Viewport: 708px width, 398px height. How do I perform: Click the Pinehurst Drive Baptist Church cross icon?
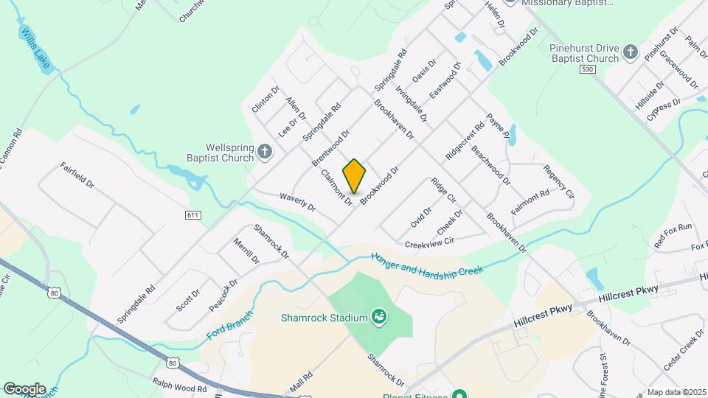pos(630,52)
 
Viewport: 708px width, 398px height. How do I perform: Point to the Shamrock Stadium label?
pos(323,318)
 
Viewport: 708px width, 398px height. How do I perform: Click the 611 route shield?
pos(193,214)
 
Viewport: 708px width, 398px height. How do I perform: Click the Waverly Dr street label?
pos(297,202)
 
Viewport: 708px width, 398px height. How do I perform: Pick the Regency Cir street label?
pos(558,181)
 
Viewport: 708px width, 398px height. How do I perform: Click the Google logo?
pos(24,388)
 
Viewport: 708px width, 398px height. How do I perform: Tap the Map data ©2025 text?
pos(676,392)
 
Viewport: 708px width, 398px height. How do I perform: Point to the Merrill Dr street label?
pos(246,251)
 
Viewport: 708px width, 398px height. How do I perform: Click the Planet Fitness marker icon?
pos(460,394)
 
